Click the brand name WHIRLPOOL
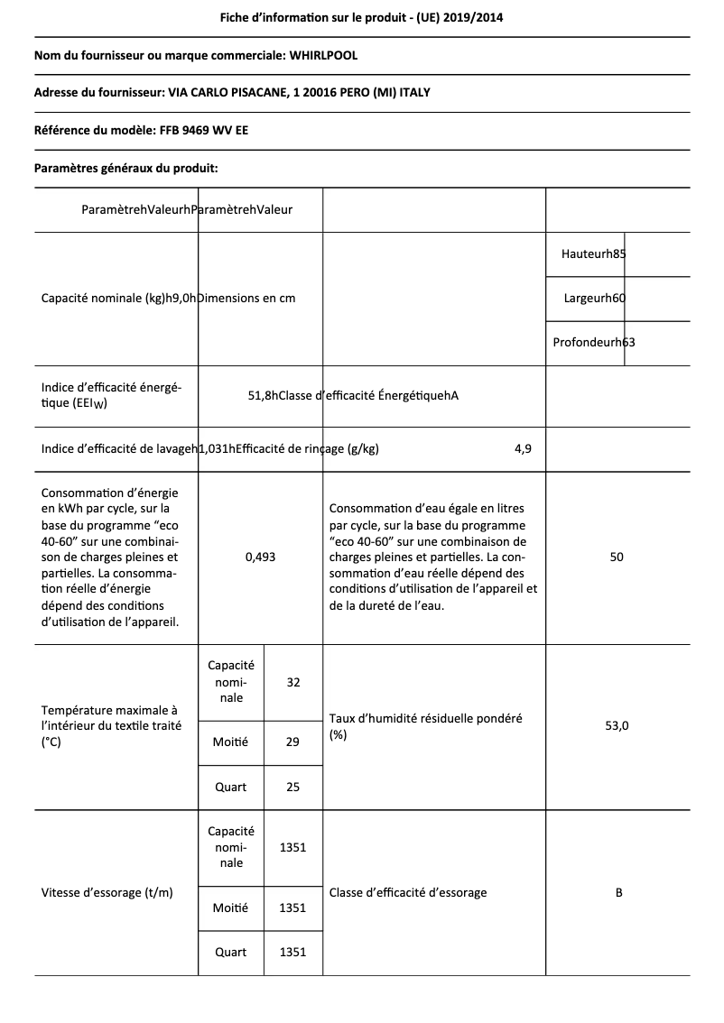pyautogui.click(x=323, y=56)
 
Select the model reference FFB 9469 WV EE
pyautogui.click(x=207, y=130)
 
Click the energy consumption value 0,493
pyautogui.click(x=260, y=558)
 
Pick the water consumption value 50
pyautogui.click(x=617, y=558)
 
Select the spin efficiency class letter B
pyautogui.click(x=618, y=893)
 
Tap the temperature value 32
pyautogui.click(x=292, y=682)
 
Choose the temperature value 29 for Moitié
pyautogui.click(x=292, y=742)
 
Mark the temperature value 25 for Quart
pyautogui.click(x=292, y=787)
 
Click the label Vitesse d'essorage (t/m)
pyautogui.click(x=107, y=893)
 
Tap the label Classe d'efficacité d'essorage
pyautogui.click(x=408, y=893)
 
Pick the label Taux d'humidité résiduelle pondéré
pyautogui.click(x=425, y=719)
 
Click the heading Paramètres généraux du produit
pyautogui.click(x=126, y=168)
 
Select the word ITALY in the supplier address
pyautogui.click(x=426, y=93)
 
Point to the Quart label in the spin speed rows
pyautogui.click(x=230, y=952)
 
